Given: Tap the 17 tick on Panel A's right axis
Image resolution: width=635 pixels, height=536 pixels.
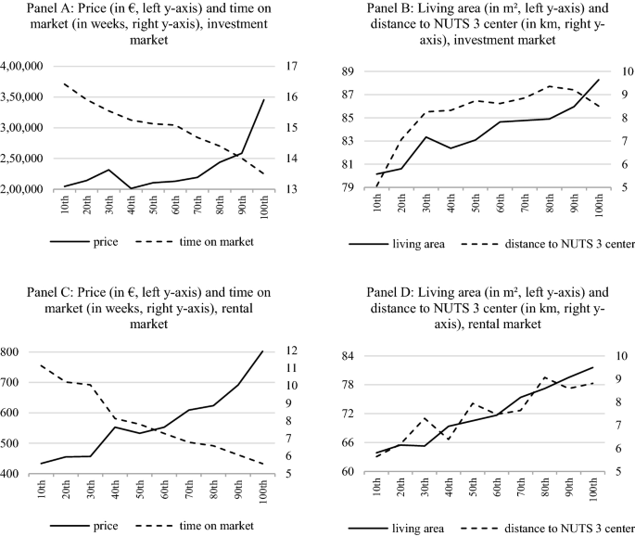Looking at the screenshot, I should [289, 66].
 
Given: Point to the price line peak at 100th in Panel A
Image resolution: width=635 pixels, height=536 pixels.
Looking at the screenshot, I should [264, 99].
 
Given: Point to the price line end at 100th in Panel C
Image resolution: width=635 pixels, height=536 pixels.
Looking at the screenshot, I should [264, 351].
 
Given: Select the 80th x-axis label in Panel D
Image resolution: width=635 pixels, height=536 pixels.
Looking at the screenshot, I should [546, 491].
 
